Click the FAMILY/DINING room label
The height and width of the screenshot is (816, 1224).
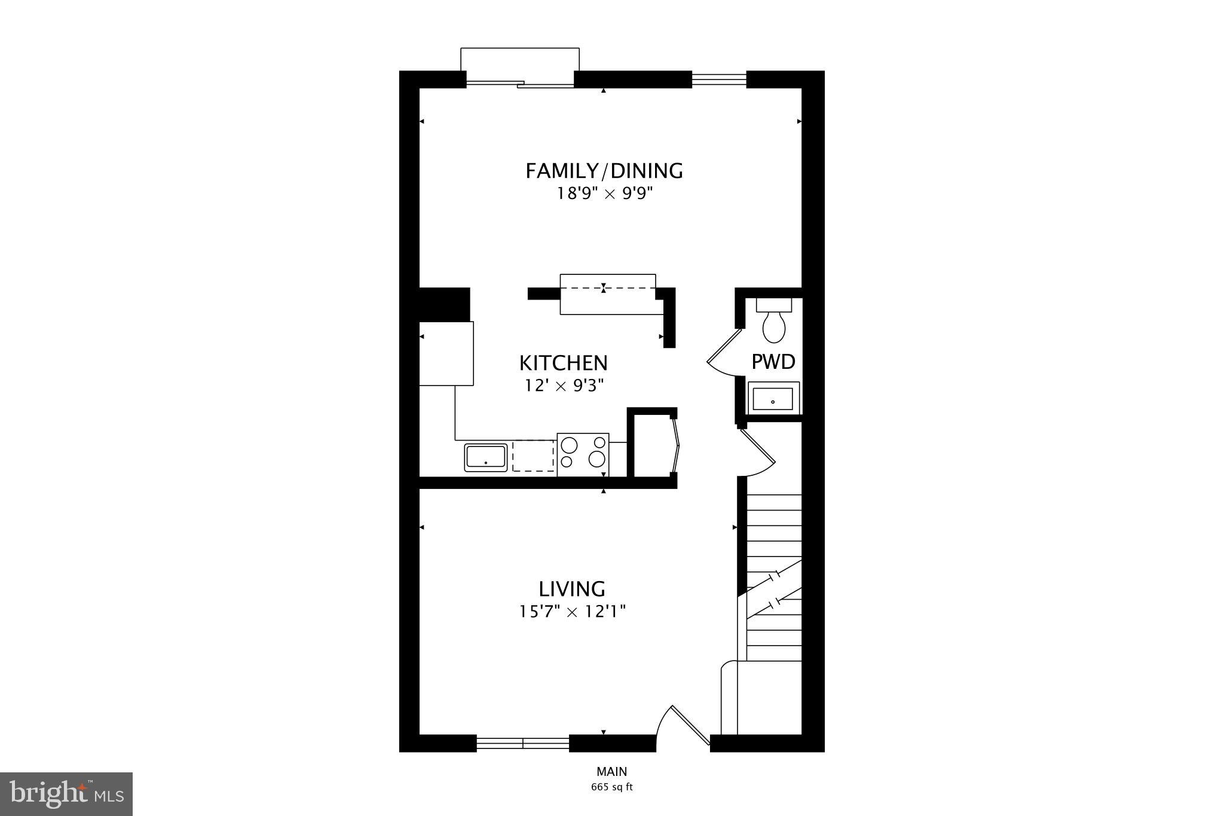point(604,171)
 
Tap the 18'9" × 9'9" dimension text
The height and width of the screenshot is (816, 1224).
point(603,194)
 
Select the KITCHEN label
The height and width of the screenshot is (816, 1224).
point(563,363)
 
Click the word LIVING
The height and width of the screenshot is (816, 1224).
point(572,589)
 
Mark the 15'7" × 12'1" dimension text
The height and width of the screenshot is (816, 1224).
point(572,612)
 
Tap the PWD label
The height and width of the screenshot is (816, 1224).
point(773,362)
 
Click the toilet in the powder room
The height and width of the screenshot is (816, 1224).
point(774,323)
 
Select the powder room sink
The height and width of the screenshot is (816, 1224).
point(773,398)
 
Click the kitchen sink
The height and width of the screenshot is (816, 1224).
point(486,457)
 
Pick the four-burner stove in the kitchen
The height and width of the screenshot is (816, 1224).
point(583,454)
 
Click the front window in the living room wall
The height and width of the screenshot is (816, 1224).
point(523,743)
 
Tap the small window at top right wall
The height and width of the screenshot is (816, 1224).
point(719,80)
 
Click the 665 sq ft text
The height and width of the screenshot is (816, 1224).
point(611,787)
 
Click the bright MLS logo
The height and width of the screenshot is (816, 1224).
point(66,793)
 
